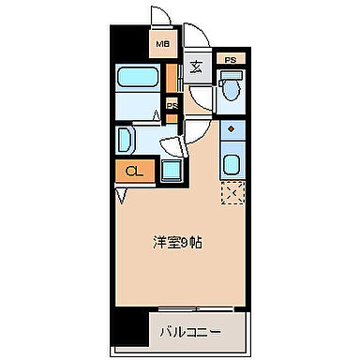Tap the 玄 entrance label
196,66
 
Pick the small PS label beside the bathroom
172,106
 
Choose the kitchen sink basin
231,165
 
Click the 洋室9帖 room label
178,241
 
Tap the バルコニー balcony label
183,330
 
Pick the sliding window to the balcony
187,309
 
